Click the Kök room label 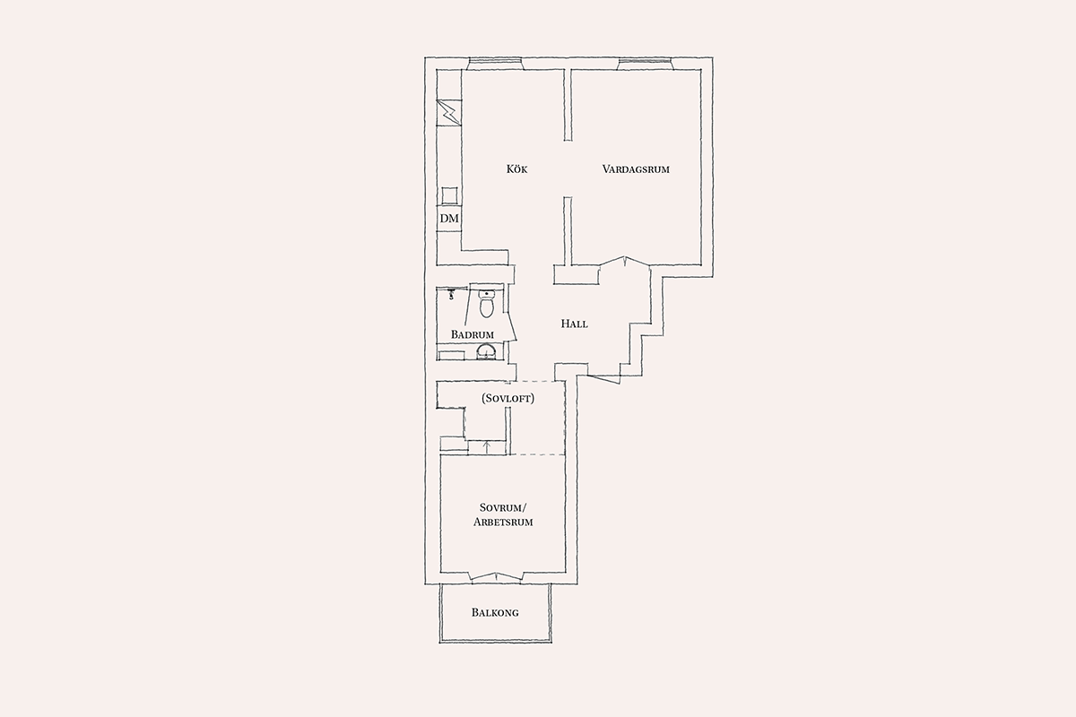click(x=516, y=169)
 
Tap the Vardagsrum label click(x=636, y=169)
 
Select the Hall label click(x=574, y=324)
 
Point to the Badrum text click(x=473, y=334)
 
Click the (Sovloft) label click(x=508, y=398)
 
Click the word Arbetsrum click(x=503, y=522)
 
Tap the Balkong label click(x=495, y=612)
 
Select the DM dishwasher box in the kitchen click(x=449, y=219)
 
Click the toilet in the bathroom click(x=487, y=304)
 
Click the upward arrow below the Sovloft click(x=487, y=447)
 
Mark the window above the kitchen click(x=495, y=61)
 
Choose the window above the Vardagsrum click(x=645, y=61)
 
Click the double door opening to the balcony click(x=496, y=577)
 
